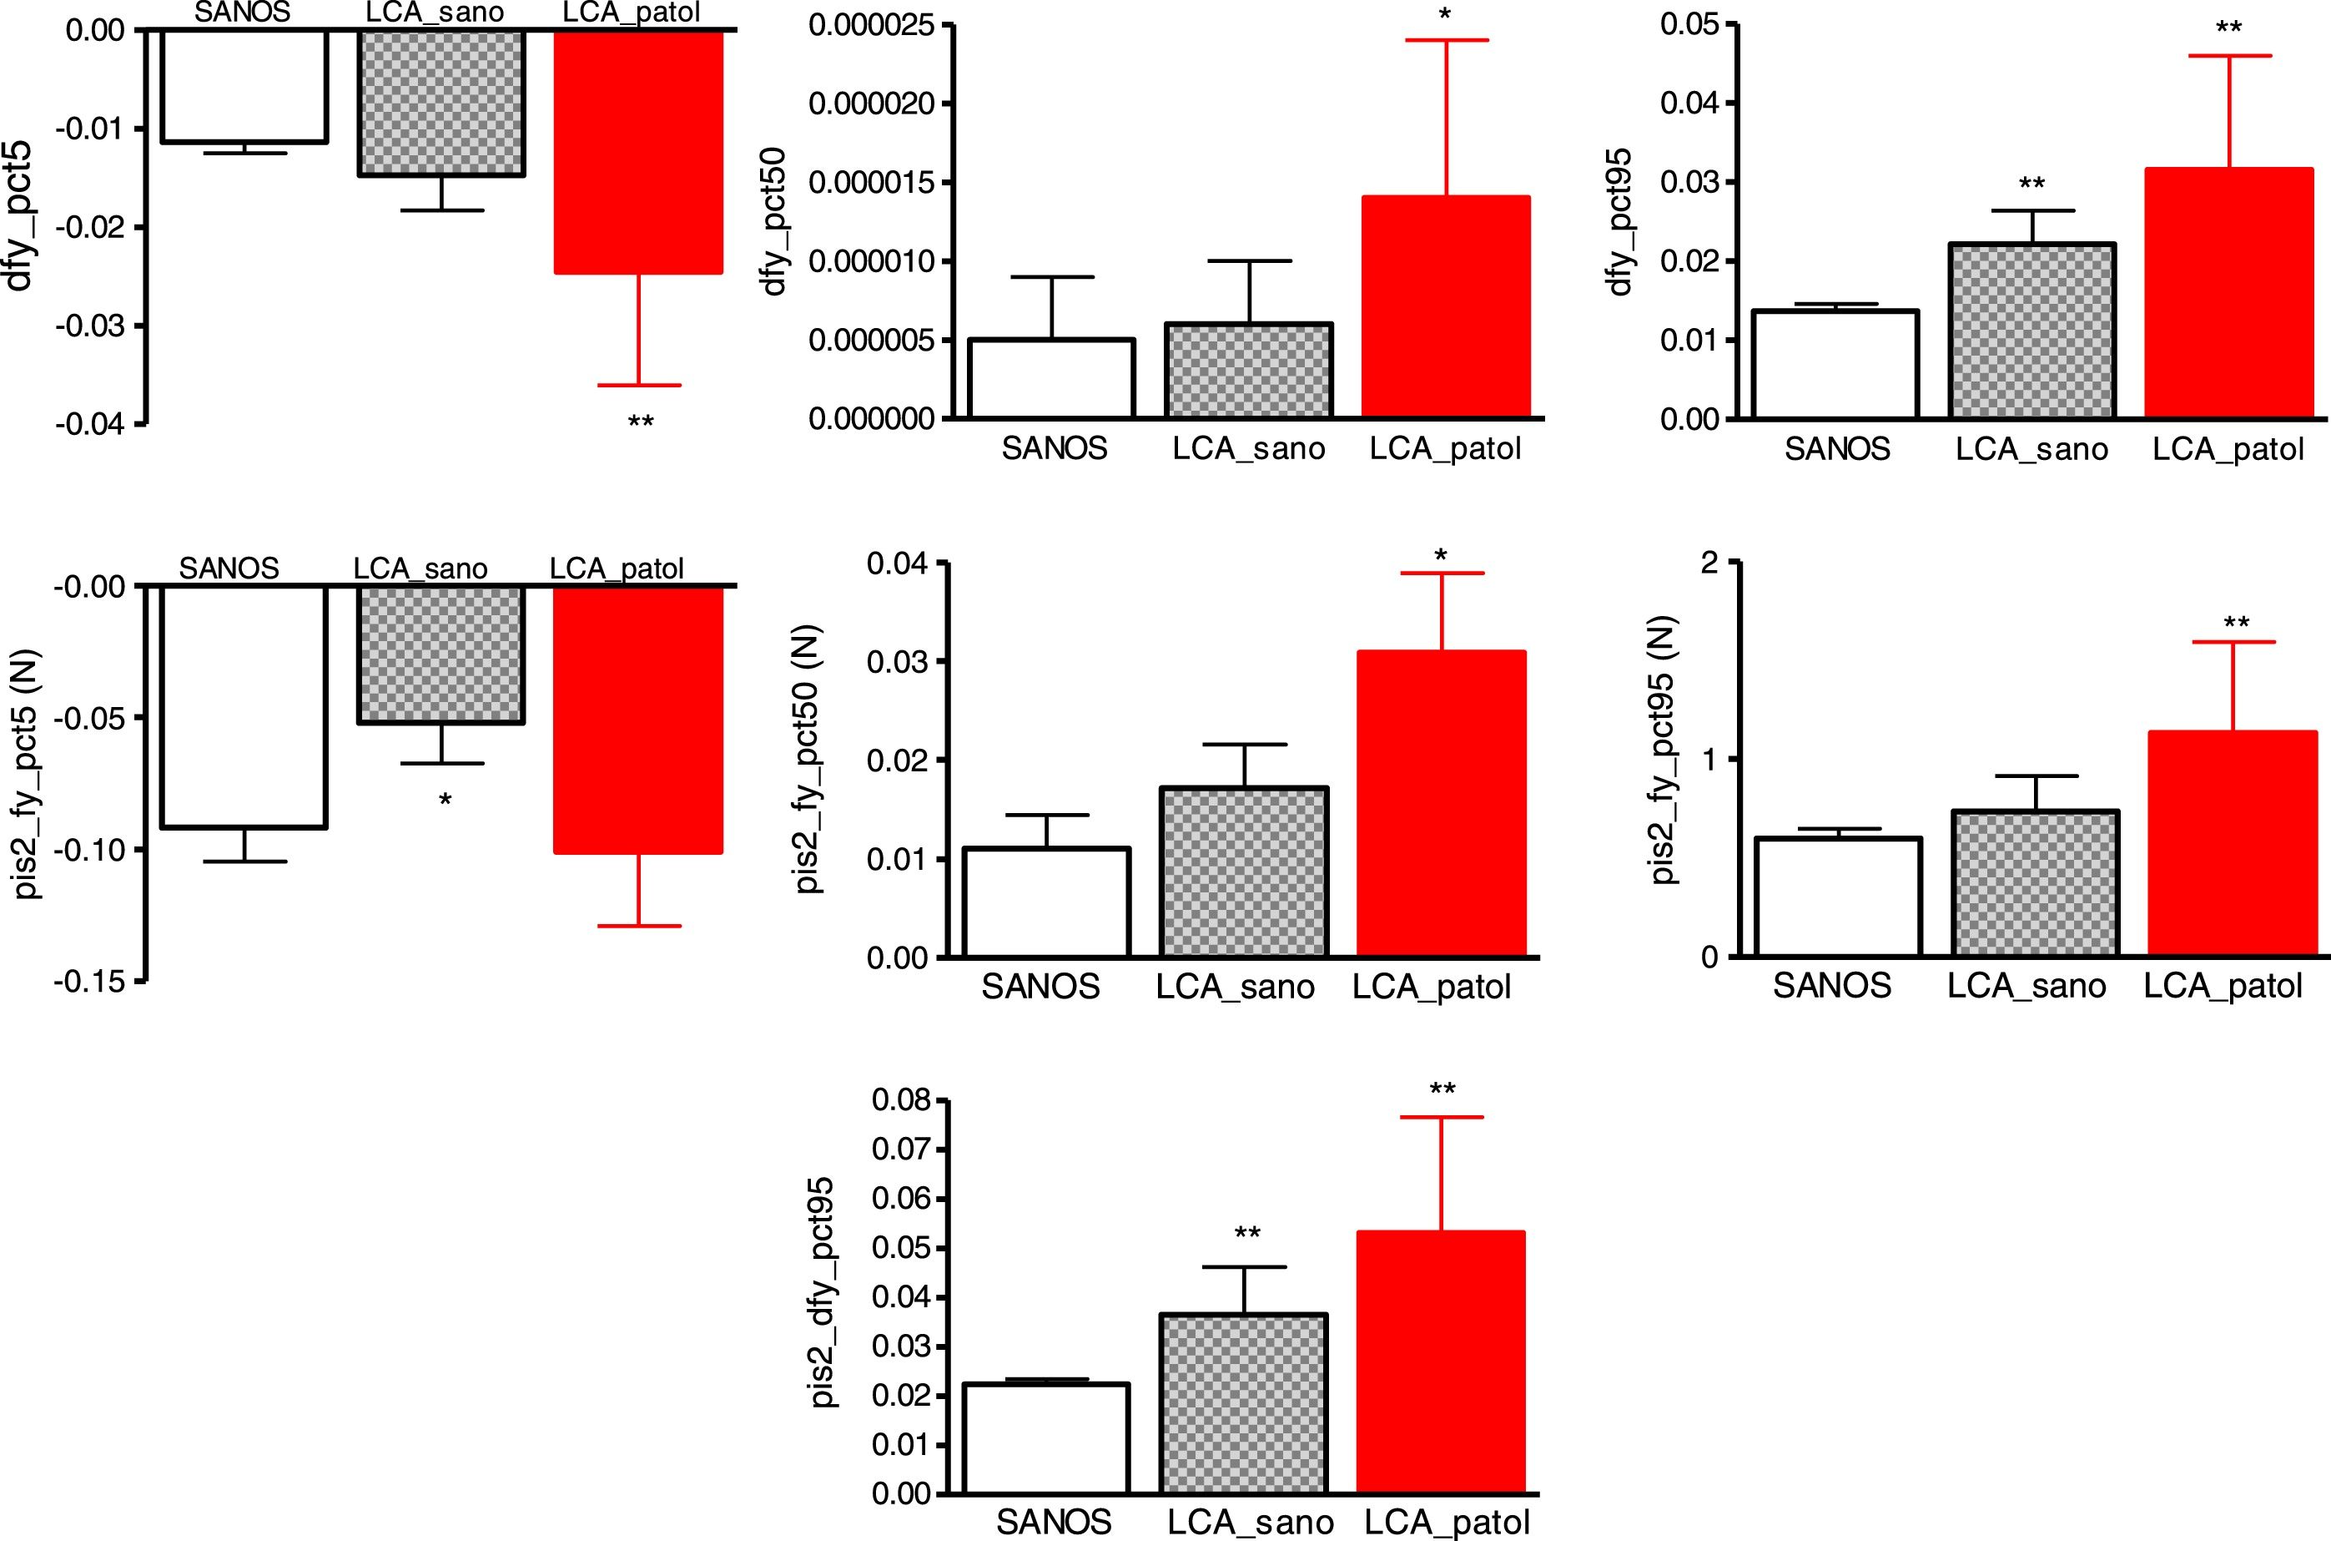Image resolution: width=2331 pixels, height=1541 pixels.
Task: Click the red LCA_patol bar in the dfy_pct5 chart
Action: click(638, 151)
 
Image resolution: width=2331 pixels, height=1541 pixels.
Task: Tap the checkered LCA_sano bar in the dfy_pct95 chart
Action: click(2031, 331)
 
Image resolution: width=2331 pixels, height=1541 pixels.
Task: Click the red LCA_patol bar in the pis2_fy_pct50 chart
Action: click(1441, 803)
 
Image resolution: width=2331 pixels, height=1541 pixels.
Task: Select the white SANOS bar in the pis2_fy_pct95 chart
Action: click(1837, 897)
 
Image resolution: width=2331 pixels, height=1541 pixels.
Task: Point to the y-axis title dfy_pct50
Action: click(775, 222)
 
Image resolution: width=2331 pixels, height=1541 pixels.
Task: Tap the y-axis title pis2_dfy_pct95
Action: click(823, 1292)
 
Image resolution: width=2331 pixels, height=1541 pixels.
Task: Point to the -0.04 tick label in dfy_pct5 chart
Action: click(91, 425)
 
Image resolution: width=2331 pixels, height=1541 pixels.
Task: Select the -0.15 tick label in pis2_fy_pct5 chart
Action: click(91, 982)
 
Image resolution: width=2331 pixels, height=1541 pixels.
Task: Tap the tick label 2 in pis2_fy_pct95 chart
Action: click(1710, 563)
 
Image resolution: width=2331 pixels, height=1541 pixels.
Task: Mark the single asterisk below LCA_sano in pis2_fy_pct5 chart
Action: click(445, 801)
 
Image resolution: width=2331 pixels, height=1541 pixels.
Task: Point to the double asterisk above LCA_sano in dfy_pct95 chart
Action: click(2031, 184)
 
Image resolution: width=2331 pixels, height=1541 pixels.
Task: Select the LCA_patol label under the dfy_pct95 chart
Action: click(2227, 450)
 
